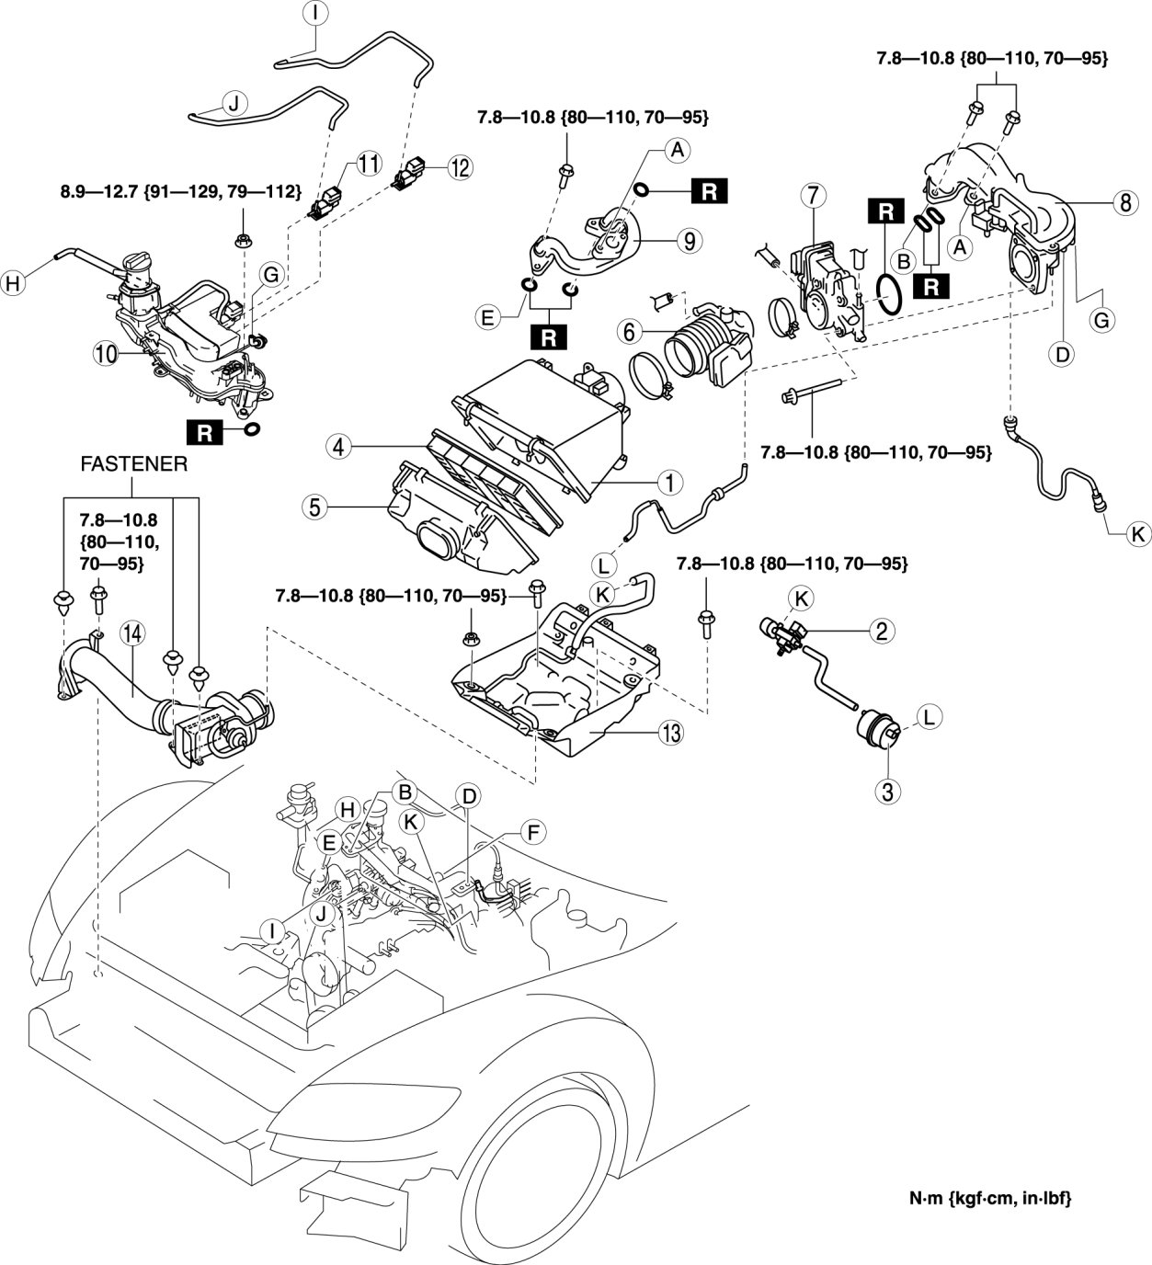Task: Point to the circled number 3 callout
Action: [x=888, y=791]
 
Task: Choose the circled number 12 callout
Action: [x=458, y=167]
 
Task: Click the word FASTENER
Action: [x=134, y=465]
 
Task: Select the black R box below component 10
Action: [x=205, y=431]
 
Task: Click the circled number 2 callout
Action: [x=881, y=630]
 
